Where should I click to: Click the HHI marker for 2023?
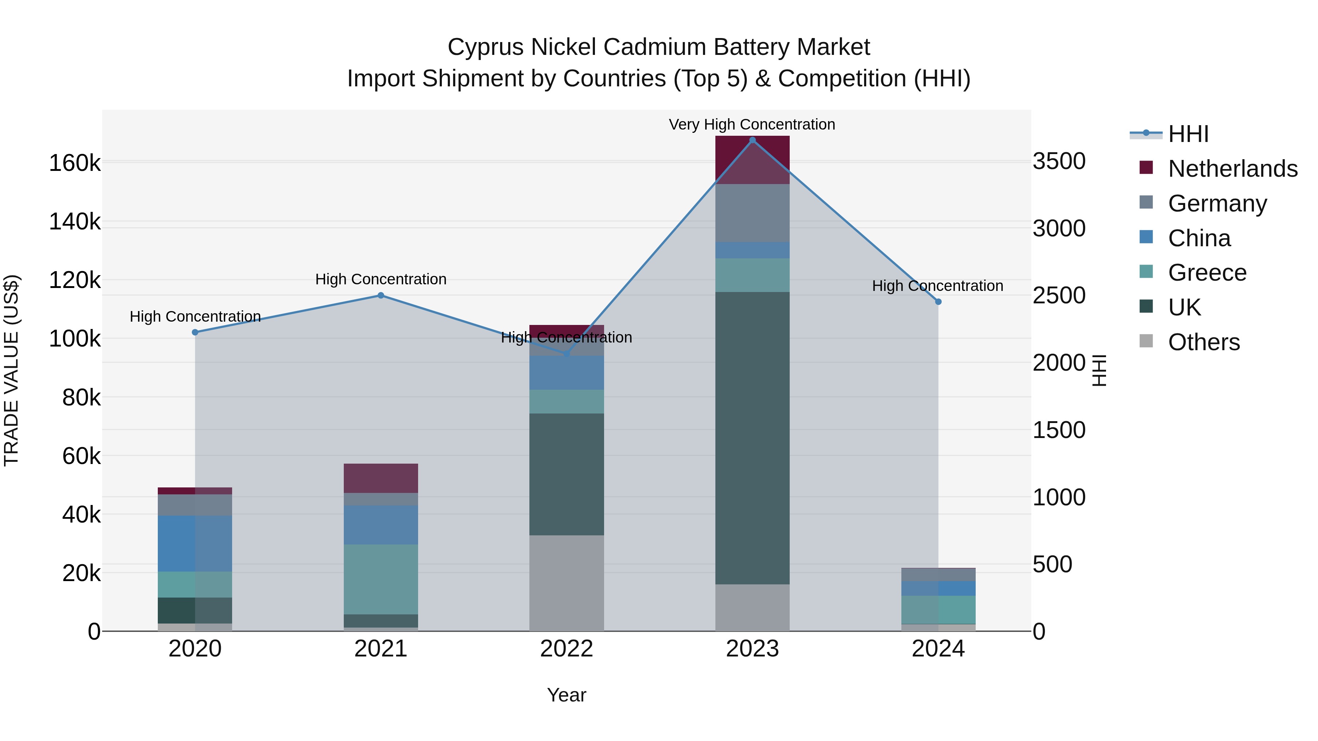tap(752, 140)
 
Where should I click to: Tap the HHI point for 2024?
tap(938, 302)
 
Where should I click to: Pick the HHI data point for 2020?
tap(195, 332)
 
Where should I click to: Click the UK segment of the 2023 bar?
tap(752, 437)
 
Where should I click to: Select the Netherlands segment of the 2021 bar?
tap(381, 478)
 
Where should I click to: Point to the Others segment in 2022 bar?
tap(566, 583)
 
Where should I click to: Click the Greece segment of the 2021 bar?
tap(381, 579)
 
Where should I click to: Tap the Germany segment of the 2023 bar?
tap(752, 213)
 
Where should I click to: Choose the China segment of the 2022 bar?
tap(566, 373)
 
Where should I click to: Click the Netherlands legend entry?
tap(1233, 169)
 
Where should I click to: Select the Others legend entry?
tap(1203, 342)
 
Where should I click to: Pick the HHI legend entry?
tap(1188, 134)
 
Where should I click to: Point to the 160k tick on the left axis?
tap(75, 164)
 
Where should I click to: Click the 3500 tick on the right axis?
tap(1058, 161)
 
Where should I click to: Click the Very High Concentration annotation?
tap(752, 124)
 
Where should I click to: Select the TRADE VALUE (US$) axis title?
tap(12, 370)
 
